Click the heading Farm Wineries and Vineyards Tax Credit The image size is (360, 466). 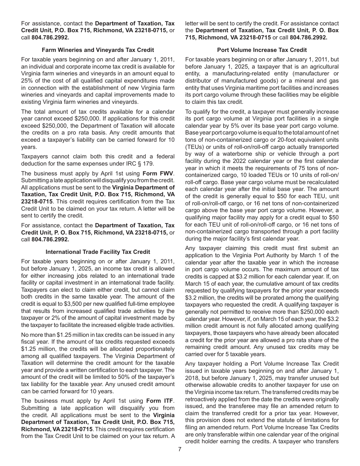pyautogui.click(x=98, y=50)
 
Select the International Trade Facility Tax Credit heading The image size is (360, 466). pyautogui.click(x=98, y=252)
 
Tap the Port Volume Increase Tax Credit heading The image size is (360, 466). pyautogui.click(x=262, y=50)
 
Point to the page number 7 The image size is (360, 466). pyautogui.click(x=180, y=449)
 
